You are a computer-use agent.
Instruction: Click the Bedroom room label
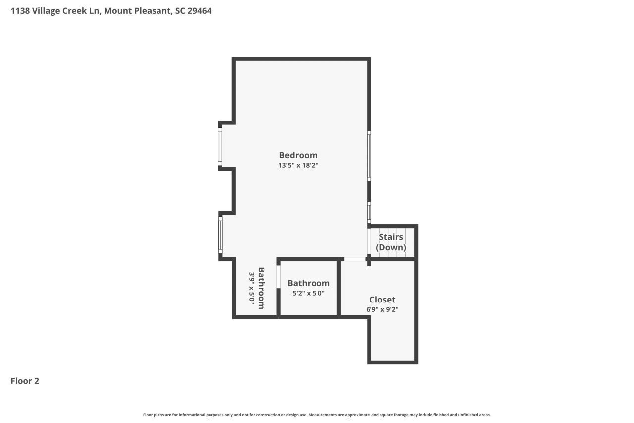(298, 155)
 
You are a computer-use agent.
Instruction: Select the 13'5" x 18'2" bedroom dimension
(298, 165)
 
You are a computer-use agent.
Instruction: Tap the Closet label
(382, 300)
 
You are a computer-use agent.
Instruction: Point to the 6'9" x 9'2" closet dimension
(382, 309)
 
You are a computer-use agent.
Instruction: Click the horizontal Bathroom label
(309, 283)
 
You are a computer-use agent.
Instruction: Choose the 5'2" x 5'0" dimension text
(309, 293)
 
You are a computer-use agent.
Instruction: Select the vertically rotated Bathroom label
(261, 288)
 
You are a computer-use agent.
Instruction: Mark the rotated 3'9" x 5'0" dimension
(252, 288)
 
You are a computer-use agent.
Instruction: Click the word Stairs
(391, 237)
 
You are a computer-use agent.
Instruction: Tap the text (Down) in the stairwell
(391, 247)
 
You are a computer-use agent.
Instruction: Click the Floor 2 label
(25, 381)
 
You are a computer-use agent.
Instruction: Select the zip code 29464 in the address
(200, 11)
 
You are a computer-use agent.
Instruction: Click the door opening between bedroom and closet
(355, 259)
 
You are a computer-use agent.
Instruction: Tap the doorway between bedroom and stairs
(369, 241)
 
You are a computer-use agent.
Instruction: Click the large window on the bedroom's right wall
(369, 156)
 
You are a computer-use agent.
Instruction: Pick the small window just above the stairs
(369, 212)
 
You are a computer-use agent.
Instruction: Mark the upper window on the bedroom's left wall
(220, 146)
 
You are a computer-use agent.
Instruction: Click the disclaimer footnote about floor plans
(317, 415)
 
